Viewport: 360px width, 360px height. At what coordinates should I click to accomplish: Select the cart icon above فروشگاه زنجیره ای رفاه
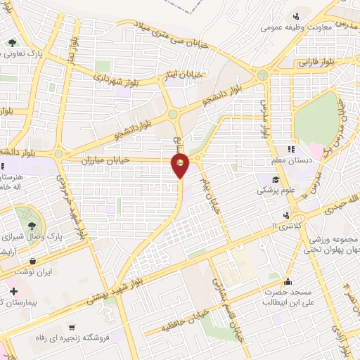point(70,327)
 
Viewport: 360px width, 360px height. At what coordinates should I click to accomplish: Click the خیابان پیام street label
point(211,188)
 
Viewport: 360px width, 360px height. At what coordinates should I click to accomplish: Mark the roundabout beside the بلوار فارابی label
point(262,75)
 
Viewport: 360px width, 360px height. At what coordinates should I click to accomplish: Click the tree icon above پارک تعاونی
point(12,42)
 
